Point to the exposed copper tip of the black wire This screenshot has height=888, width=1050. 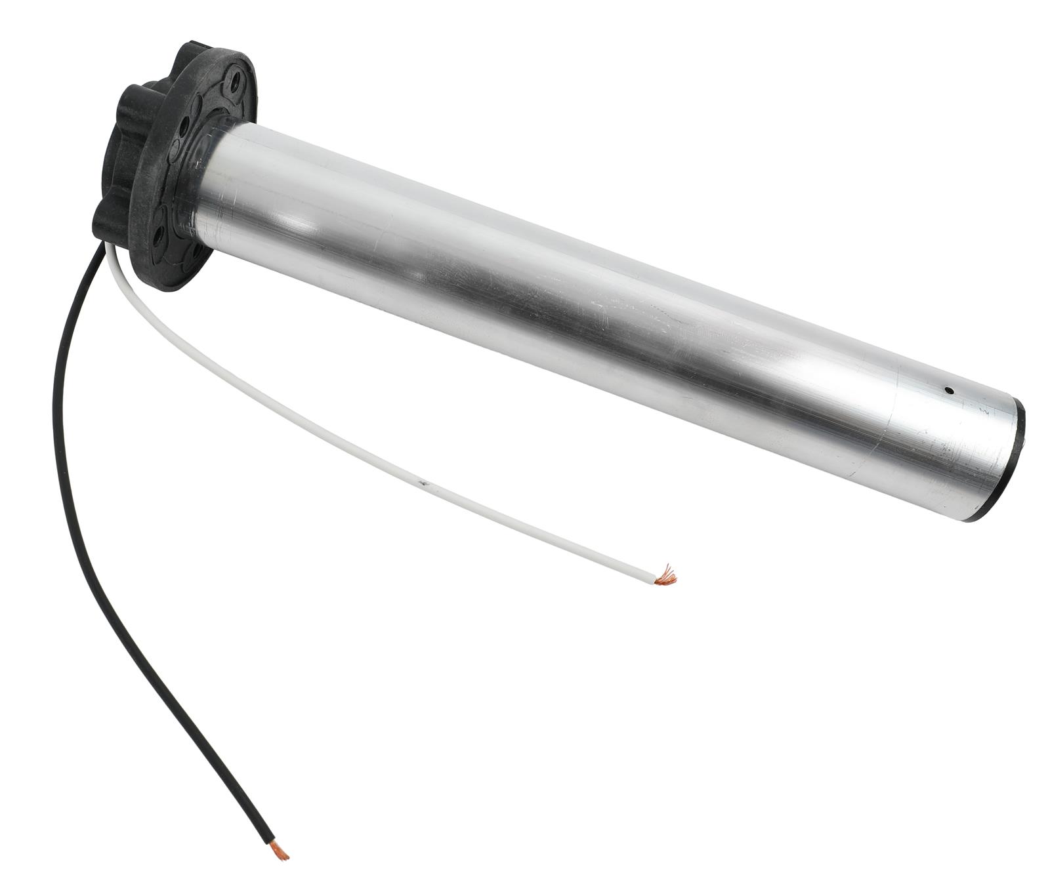point(282,853)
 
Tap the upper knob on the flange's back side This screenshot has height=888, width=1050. point(135,105)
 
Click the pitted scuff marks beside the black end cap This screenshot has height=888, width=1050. point(952,459)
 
